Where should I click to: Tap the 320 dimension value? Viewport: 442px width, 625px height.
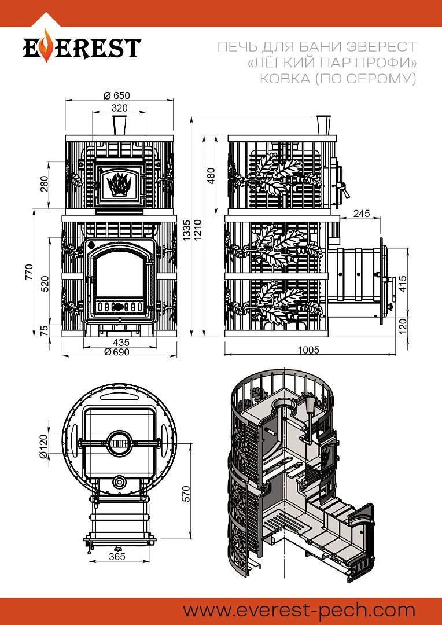[119, 108]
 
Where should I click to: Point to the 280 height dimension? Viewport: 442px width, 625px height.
[44, 183]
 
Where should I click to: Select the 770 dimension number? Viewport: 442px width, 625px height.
[29, 272]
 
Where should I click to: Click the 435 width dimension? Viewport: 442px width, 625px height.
[120, 343]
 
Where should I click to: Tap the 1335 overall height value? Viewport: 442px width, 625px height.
[186, 231]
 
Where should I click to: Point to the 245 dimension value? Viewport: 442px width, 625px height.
[361, 214]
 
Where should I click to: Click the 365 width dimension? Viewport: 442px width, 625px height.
[117, 557]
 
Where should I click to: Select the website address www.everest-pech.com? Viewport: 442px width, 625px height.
[299, 610]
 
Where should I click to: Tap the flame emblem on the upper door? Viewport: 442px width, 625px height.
[119, 183]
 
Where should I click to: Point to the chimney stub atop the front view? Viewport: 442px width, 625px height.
[119, 126]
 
